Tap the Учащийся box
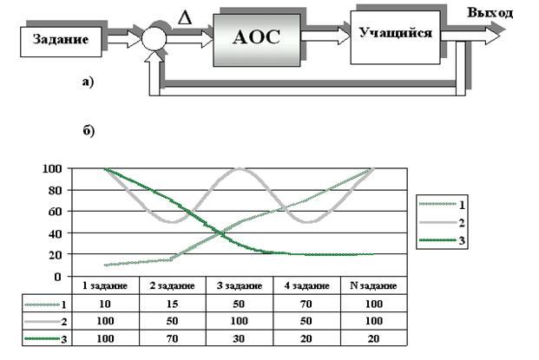(x=395, y=33)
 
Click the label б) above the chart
(x=87, y=131)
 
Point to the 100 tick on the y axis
(x=53, y=168)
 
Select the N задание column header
(x=373, y=286)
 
